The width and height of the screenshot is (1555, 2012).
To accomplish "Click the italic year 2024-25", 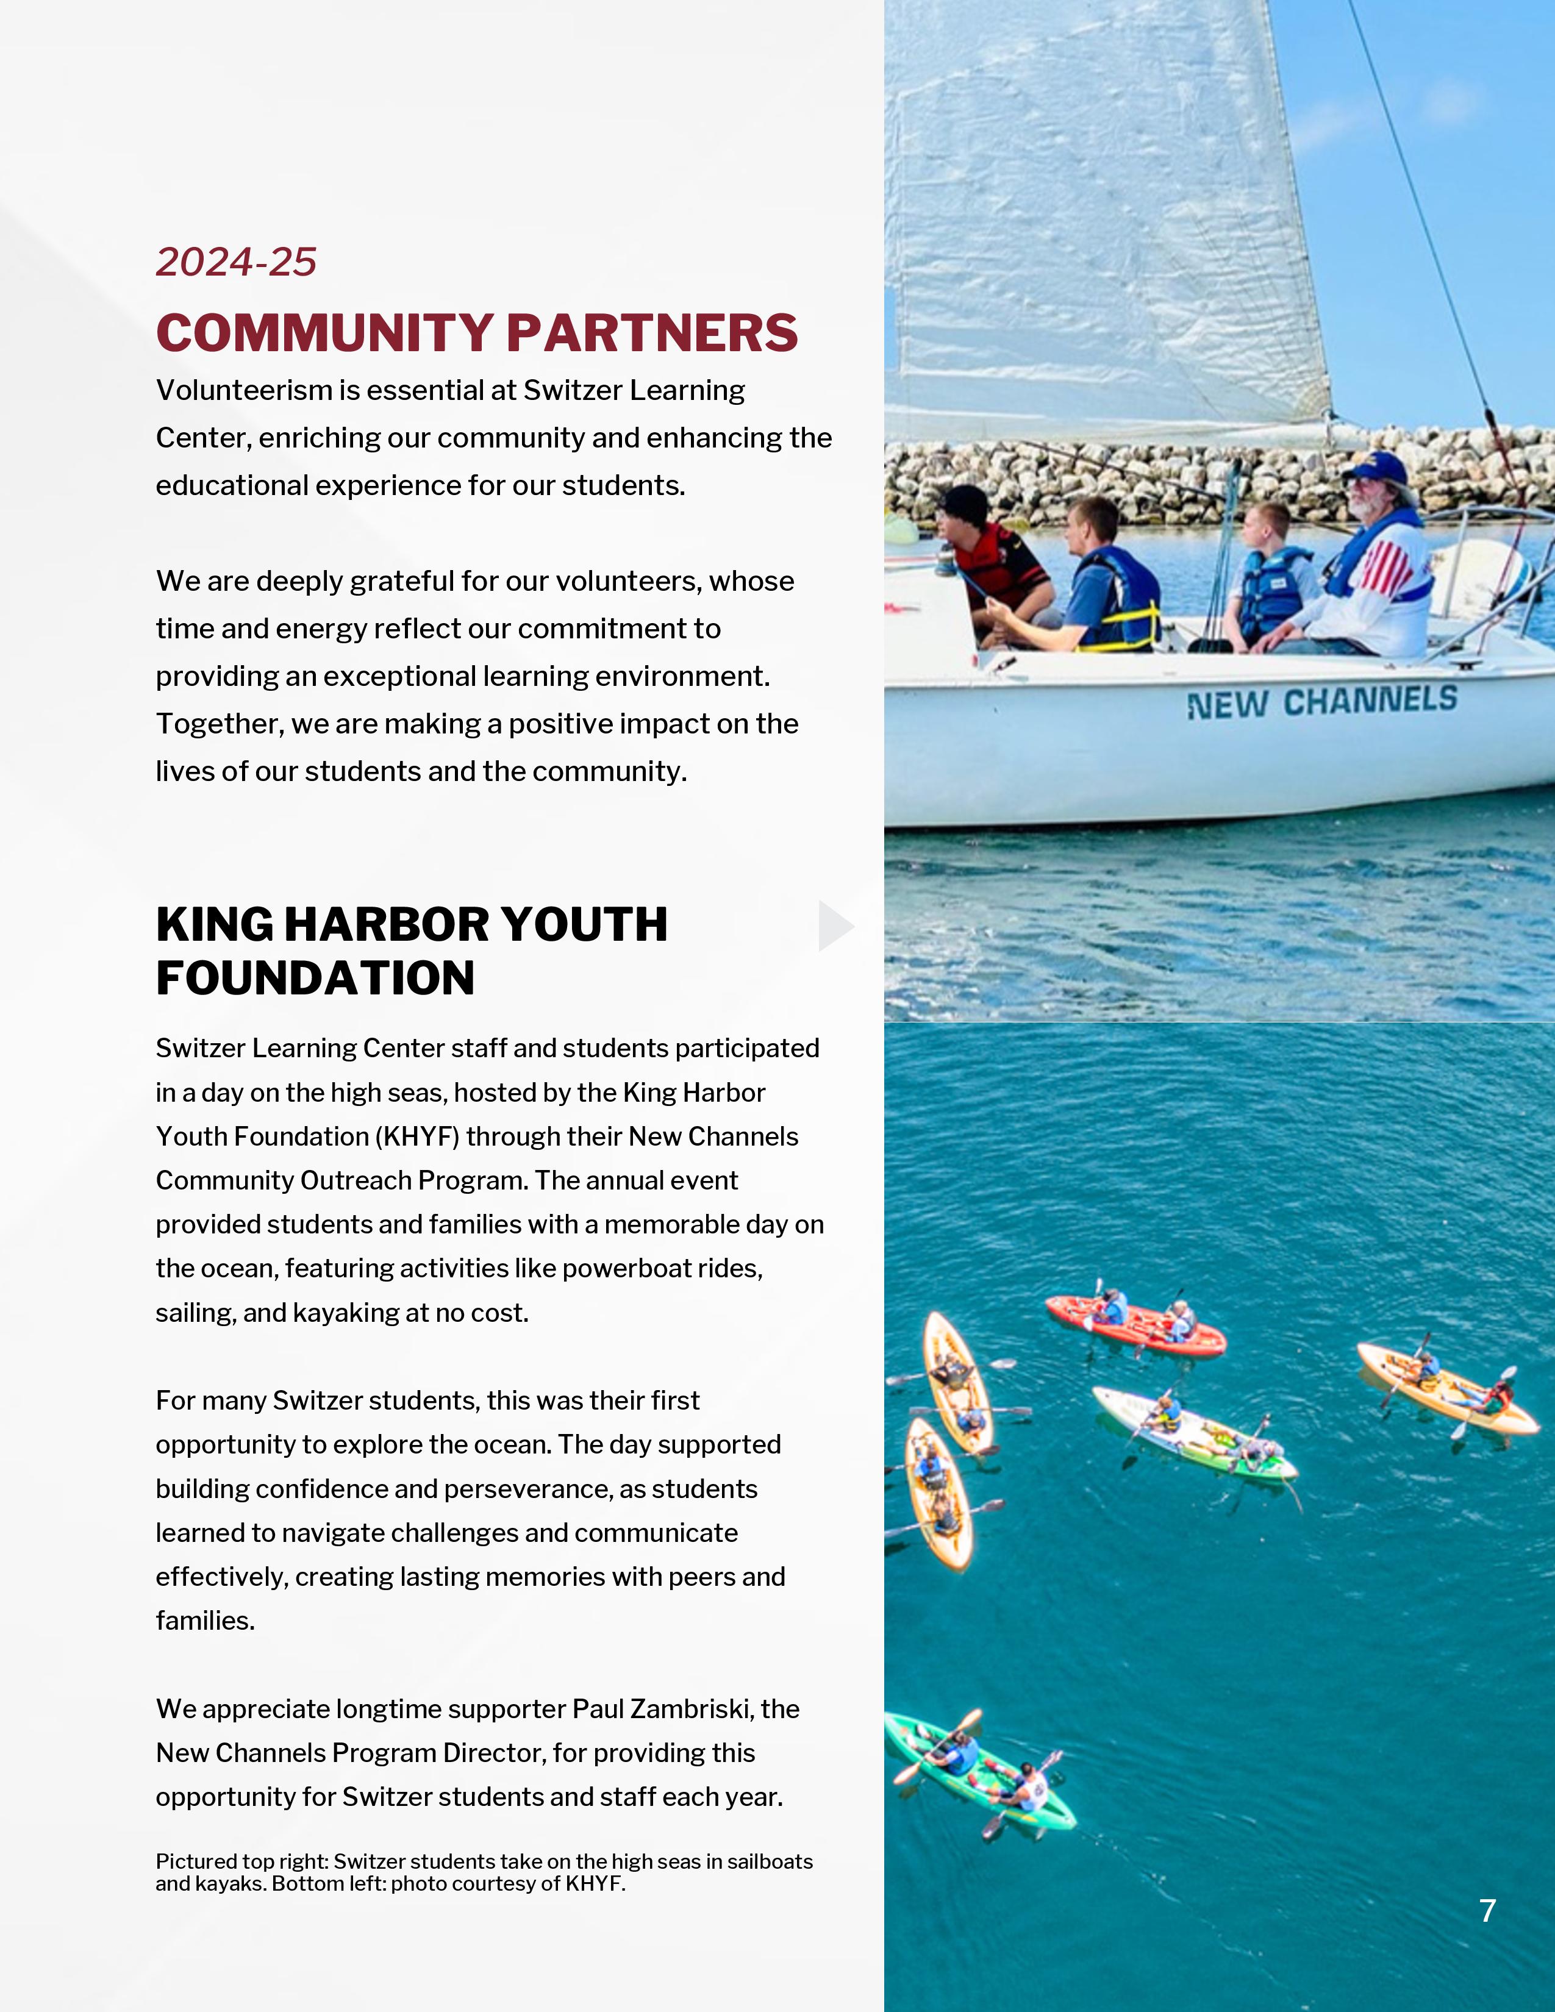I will tap(236, 263).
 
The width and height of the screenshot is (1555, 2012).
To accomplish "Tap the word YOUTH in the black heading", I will tap(584, 925).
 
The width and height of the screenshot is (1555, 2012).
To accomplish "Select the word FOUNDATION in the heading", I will tap(315, 979).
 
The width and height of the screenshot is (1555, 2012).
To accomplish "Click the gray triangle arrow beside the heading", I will tap(834, 926).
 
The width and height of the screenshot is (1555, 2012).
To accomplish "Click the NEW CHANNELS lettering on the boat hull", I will tap(1322, 702).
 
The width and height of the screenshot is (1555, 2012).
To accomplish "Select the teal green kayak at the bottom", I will tap(978, 1770).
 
